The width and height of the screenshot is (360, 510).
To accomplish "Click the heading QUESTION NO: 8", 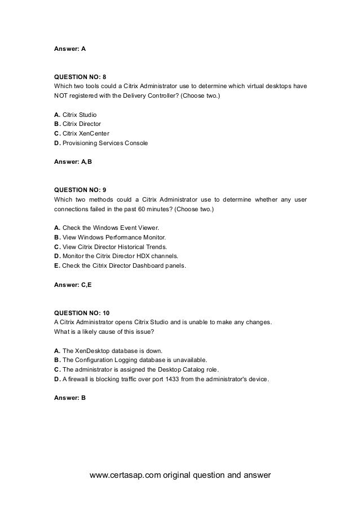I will click(79, 76).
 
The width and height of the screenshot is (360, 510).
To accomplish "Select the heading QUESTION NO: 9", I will click(79, 190).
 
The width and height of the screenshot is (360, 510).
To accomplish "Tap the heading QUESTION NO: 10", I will click(81, 312).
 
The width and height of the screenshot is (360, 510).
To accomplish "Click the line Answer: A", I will click(69, 49).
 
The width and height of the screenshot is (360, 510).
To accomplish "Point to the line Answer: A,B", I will click(72, 163).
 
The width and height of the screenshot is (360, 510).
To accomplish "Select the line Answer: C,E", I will click(72, 285).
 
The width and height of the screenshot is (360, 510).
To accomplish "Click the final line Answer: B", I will click(69, 398).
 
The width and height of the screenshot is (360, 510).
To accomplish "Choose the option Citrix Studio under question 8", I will click(79, 114).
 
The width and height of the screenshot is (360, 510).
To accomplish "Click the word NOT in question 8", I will click(61, 95).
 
